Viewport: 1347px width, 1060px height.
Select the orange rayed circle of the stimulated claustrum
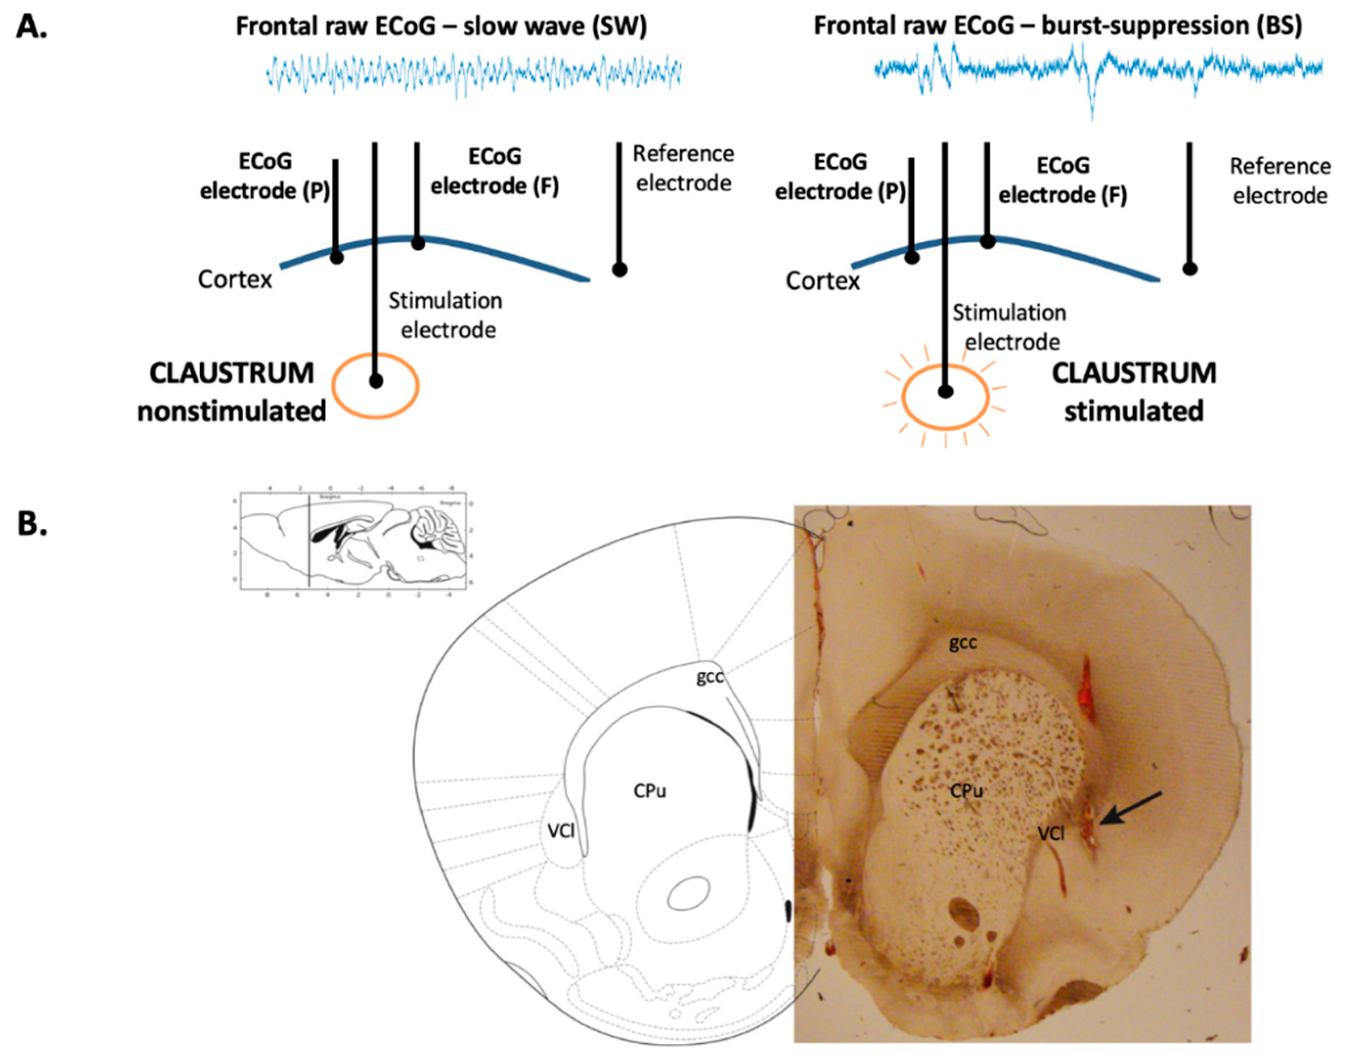click(x=944, y=397)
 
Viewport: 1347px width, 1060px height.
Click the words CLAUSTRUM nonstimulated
click(x=232, y=392)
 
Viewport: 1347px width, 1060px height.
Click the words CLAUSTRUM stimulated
click(x=1133, y=392)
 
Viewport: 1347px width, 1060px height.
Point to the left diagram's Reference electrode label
click(x=683, y=168)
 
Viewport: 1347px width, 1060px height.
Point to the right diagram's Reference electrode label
click(x=1280, y=181)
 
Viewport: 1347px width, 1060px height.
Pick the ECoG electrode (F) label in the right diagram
click(x=1063, y=180)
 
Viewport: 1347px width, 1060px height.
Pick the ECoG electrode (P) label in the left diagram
click(x=265, y=176)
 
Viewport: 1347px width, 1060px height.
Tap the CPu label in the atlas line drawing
click(x=650, y=791)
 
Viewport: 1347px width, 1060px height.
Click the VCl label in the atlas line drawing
click(x=561, y=831)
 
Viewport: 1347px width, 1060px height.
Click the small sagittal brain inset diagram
click(x=352, y=540)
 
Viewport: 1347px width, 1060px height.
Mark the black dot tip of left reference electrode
click(x=619, y=269)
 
